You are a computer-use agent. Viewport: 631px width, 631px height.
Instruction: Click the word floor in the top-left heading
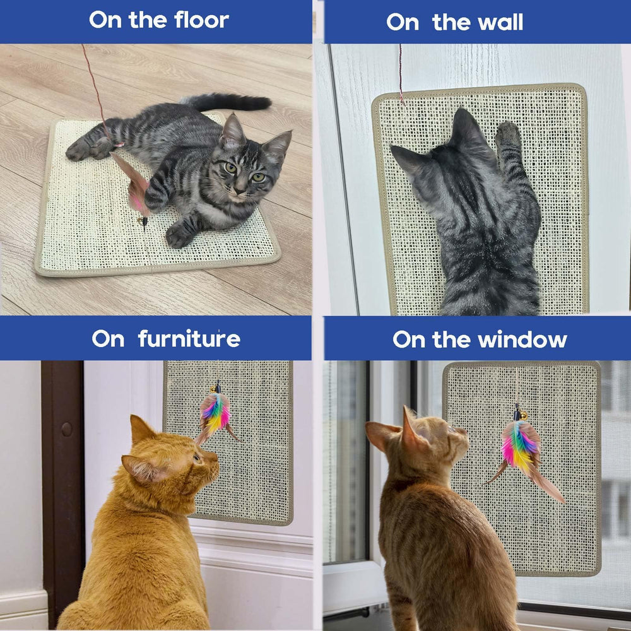point(202,20)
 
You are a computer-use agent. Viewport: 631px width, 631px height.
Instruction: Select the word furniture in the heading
point(189,338)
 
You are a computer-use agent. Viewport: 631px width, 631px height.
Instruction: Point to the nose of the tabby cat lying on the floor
point(240,189)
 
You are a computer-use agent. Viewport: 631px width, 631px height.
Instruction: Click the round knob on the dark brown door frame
point(67,429)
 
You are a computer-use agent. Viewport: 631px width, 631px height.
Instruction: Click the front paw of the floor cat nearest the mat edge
point(179,236)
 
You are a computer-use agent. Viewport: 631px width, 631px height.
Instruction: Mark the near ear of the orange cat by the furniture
point(141,468)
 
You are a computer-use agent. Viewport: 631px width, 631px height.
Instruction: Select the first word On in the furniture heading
point(108,339)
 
